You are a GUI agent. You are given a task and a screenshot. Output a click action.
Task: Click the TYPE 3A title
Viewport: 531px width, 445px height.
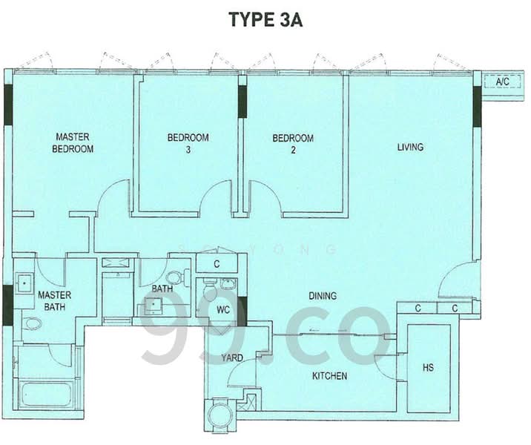coord(265,20)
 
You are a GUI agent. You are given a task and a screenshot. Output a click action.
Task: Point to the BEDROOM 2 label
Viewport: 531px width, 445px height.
coord(292,143)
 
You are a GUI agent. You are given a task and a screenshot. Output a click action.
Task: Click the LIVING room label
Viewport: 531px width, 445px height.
coord(410,147)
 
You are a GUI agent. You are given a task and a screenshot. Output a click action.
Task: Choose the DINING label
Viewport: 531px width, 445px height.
coord(323,296)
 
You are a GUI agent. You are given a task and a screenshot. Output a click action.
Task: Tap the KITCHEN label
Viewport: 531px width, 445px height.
coord(329,376)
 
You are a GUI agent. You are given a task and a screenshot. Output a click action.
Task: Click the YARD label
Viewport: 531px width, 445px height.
coord(232,358)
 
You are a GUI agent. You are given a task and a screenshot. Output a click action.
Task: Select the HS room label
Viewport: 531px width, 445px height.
coord(428,368)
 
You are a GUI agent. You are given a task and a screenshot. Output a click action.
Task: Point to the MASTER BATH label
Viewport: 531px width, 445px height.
coord(54,300)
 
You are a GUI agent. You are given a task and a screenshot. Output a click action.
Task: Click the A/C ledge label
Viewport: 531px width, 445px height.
coord(502,81)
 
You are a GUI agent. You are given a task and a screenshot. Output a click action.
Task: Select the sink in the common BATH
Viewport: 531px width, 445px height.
coord(155,303)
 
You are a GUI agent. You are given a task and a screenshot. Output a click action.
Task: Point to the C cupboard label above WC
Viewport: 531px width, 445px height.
coord(217,263)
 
